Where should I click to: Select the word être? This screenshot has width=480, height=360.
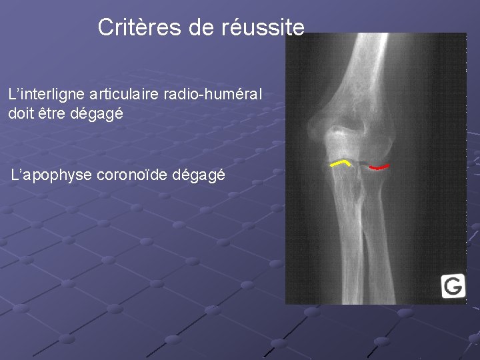pos(53,113)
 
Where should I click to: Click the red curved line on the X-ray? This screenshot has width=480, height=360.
pos(379,167)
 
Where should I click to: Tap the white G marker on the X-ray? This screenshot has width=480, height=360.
pos(453,286)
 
